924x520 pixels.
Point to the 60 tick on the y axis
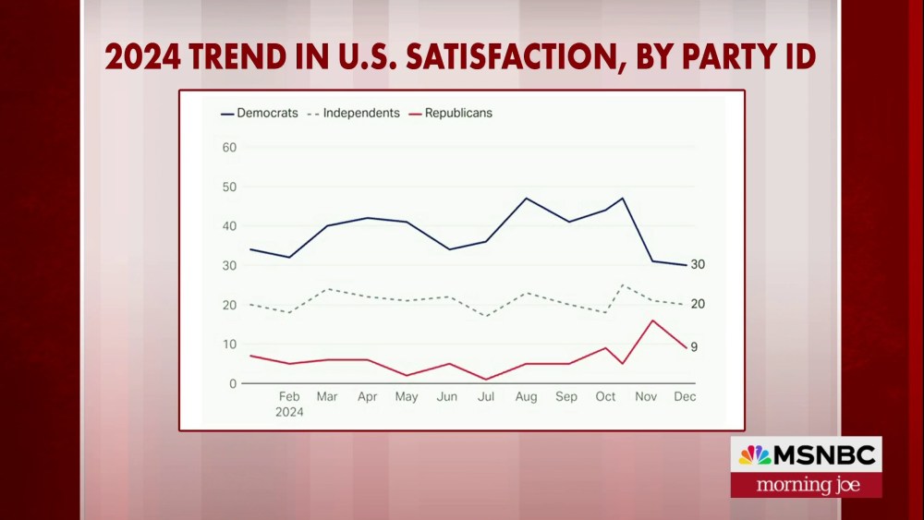tap(230, 148)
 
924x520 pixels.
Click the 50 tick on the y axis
tap(230, 187)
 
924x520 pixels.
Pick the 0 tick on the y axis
tap(233, 383)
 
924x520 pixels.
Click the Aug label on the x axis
tap(526, 397)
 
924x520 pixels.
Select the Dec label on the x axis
tap(685, 397)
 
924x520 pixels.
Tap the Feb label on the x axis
tap(289, 397)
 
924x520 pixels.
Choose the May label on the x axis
tap(407, 397)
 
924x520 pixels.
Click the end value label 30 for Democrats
tap(698, 264)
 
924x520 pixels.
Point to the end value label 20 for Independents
tap(698, 304)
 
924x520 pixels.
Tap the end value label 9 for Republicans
tap(694, 347)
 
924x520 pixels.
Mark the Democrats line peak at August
tap(526, 199)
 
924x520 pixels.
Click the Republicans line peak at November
tap(652, 320)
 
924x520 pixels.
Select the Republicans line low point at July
tap(486, 380)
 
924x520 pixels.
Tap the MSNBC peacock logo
tap(754, 455)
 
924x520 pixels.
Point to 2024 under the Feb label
tap(289, 413)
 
